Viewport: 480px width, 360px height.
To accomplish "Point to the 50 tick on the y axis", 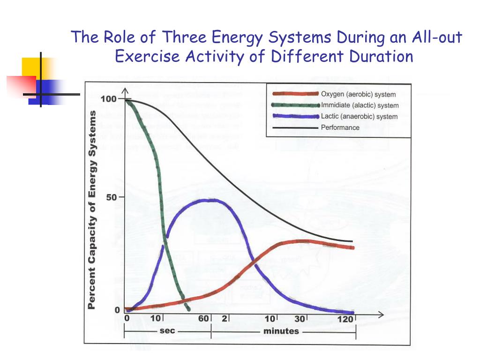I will pos(112,197).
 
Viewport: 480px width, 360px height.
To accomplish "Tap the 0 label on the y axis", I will pos(117,310).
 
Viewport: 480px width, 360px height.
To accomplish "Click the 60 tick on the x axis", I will pos(203,319).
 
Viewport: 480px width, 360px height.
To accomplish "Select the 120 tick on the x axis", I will pos(346,319).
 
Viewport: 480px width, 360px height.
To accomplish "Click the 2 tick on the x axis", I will pos(225,319).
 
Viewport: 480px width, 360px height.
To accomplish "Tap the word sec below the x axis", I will pos(167,331).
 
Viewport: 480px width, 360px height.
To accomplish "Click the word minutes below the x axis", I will pos(281,331).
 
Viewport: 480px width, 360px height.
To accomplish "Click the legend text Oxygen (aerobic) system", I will pos(358,94).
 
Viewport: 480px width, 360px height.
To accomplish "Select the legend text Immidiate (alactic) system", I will pos(360,105).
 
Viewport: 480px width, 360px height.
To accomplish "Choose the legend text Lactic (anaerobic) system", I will pos(359,116).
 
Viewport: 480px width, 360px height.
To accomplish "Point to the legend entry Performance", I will pos(340,127).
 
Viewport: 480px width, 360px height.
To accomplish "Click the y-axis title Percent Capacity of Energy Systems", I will pos(92,210).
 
